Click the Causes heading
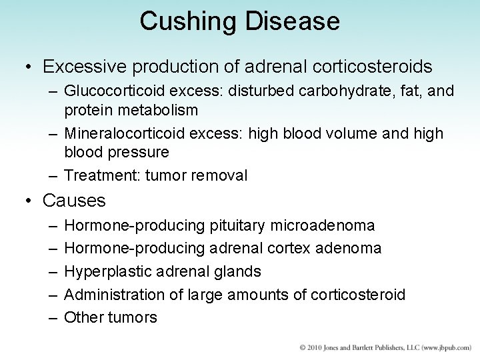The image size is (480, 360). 74,200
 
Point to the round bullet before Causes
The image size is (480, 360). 29,200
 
